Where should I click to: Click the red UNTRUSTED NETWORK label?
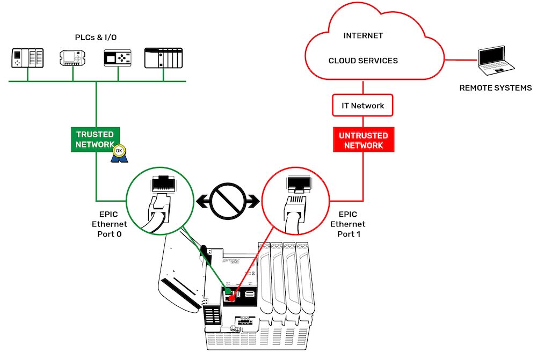pyautogui.click(x=364, y=140)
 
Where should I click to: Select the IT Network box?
pyautogui.click(x=364, y=106)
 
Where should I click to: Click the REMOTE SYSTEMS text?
pyautogui.click(x=495, y=88)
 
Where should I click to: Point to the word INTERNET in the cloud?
pyautogui.click(x=364, y=36)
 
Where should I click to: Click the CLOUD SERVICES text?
pyautogui.click(x=364, y=61)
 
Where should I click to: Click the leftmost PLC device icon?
pyautogui.click(x=27, y=58)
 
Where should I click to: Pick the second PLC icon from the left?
pyautogui.click(x=73, y=58)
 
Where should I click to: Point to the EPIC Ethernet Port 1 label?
pyautogui.click(x=347, y=224)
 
